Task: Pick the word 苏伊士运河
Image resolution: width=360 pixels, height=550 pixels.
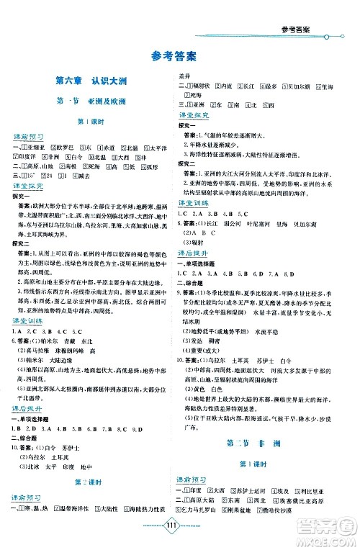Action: click(254, 490)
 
